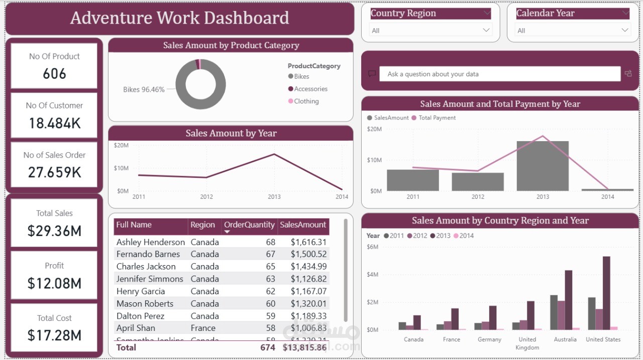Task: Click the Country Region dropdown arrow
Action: [x=486, y=31]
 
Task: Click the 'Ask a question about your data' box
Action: [x=499, y=74]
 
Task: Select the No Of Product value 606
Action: [x=54, y=74]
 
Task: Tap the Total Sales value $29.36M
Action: [x=54, y=231]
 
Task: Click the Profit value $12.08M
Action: [x=54, y=283]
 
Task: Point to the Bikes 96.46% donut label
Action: [x=144, y=89]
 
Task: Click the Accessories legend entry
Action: [x=310, y=89]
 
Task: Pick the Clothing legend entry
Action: [x=306, y=101]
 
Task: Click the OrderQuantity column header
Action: [x=249, y=225]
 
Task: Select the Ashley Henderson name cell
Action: [x=151, y=242]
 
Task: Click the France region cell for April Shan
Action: [x=203, y=328]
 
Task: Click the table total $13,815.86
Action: [x=304, y=347]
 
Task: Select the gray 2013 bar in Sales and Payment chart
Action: [x=543, y=166]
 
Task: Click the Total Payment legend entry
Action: [x=437, y=117]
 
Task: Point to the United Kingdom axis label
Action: [x=527, y=343]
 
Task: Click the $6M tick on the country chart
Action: [x=372, y=247]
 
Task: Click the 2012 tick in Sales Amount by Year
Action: [x=206, y=197]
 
